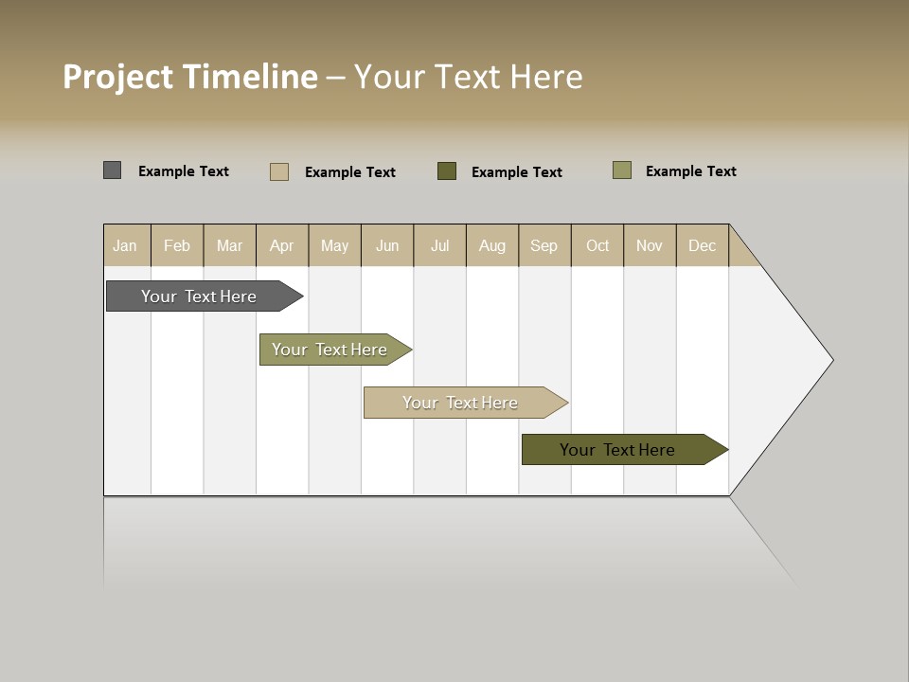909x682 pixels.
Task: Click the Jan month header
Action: tap(125, 245)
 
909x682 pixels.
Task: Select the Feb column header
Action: tap(177, 245)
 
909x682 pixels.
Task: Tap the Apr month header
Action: tap(281, 245)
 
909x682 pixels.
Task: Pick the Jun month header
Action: tap(387, 245)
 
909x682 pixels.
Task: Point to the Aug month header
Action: tap(491, 245)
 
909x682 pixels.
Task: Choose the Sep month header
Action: tap(544, 245)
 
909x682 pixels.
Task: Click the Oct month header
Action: tap(597, 245)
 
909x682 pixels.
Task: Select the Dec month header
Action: tap(702, 245)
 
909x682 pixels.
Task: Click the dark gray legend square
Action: tap(113, 170)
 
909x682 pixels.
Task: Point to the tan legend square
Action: tap(279, 171)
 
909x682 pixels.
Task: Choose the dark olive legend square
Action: tap(447, 171)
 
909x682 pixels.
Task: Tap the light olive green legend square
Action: tap(622, 170)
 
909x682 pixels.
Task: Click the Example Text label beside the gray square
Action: tap(184, 171)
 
